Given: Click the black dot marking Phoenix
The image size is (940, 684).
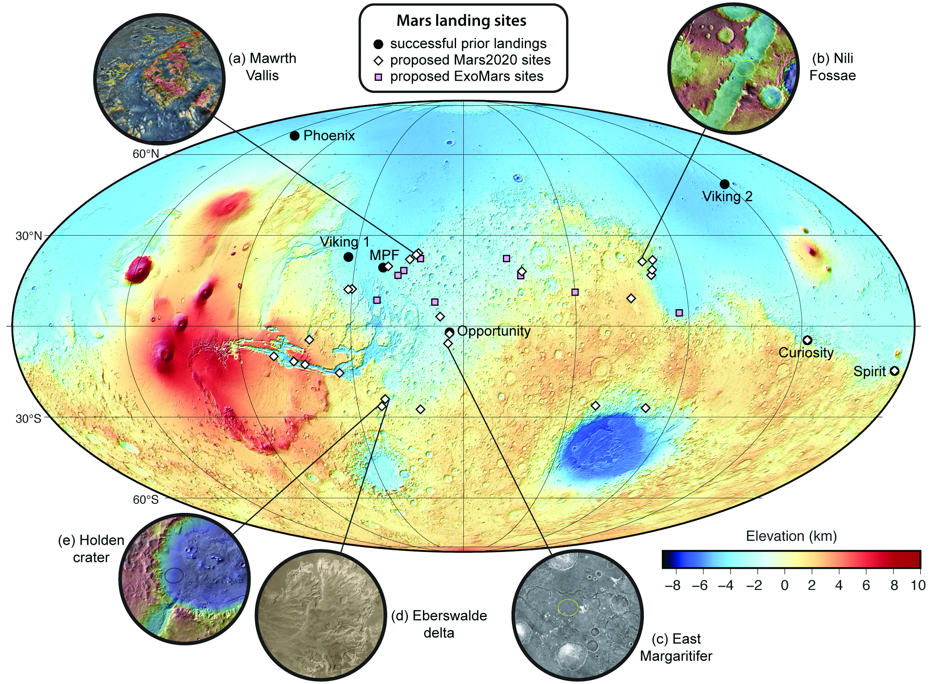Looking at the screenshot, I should (x=294, y=136).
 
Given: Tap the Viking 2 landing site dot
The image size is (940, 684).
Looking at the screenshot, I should (x=725, y=184).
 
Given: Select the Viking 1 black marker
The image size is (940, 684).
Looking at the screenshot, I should (x=349, y=257).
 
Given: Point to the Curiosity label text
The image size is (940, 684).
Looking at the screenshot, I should (x=806, y=353).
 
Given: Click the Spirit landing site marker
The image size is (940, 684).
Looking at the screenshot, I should (x=894, y=371).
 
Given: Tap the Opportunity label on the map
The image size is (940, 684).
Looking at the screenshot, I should (x=494, y=331).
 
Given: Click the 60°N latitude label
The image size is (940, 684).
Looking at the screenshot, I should (x=146, y=154).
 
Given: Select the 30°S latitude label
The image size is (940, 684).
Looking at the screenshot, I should (x=28, y=418).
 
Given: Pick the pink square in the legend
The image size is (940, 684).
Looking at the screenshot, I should (x=379, y=77).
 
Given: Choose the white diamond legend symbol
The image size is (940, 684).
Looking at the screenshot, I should (x=379, y=61).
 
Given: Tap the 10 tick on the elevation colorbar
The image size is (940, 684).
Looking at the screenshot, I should (x=919, y=586).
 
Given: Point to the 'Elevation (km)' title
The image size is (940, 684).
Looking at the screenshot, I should (x=791, y=536).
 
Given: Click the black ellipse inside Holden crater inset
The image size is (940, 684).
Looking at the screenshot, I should (x=174, y=575).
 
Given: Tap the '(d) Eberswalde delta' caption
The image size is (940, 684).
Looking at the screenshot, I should (x=439, y=624).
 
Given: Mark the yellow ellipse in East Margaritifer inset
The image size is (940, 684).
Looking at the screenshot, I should (x=568, y=607).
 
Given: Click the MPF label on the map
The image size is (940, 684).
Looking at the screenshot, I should (x=384, y=255).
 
